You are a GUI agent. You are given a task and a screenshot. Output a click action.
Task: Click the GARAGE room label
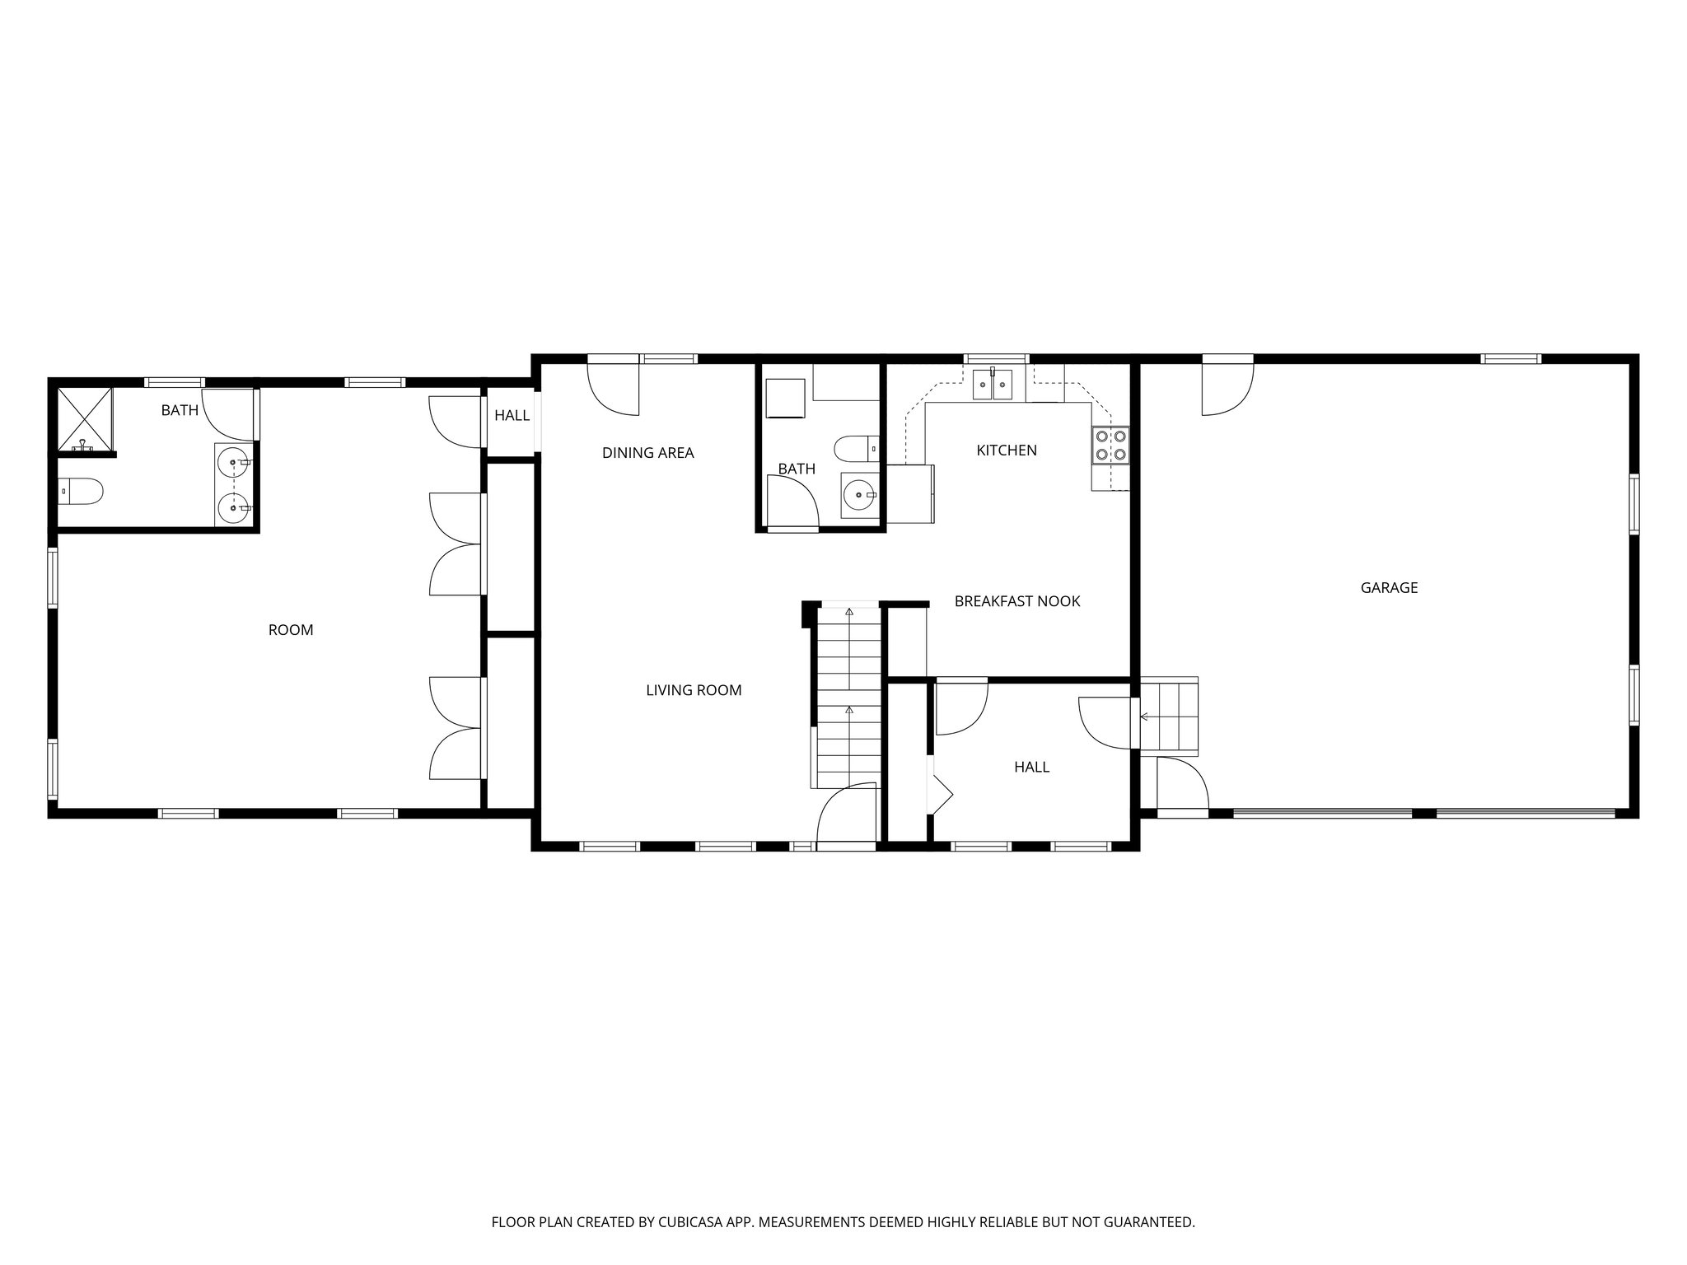click(1389, 588)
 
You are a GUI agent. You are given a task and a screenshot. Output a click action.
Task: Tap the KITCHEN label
click(1007, 450)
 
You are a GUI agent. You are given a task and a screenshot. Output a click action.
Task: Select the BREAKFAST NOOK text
click(1017, 601)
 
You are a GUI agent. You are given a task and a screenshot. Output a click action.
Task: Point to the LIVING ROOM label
click(694, 690)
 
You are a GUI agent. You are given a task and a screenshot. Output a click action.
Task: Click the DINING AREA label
click(648, 453)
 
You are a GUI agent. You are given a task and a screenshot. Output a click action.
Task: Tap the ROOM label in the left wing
click(291, 630)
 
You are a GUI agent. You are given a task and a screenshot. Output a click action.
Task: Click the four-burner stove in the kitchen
click(1110, 446)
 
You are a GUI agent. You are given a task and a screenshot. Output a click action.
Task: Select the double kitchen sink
click(993, 384)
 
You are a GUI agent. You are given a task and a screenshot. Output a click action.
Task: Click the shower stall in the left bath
click(84, 419)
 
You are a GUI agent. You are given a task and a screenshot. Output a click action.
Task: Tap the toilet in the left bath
click(82, 492)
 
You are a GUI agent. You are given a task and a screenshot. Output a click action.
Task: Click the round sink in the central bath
click(859, 495)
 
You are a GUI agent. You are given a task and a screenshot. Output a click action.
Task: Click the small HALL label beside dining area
click(512, 416)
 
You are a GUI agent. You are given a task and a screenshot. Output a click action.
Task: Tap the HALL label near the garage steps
click(1031, 768)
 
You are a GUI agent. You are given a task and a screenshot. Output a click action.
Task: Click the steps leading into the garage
click(1169, 717)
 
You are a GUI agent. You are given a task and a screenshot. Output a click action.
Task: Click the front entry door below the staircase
click(845, 815)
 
